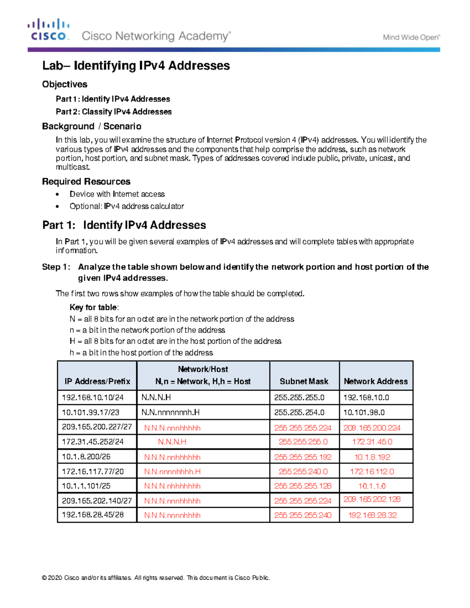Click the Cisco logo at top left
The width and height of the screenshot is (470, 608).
pyautogui.click(x=48, y=30)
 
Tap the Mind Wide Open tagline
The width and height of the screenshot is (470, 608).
pyautogui.click(x=411, y=38)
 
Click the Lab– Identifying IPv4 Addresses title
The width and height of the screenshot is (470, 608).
pyautogui.click(x=136, y=65)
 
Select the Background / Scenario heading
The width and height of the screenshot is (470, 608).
pyautogui.click(x=92, y=126)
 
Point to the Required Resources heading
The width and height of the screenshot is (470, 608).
pyautogui.click(x=86, y=181)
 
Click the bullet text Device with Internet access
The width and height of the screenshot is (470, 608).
pyautogui.click(x=117, y=194)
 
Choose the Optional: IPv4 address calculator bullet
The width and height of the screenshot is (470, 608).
pyautogui.click(x=127, y=206)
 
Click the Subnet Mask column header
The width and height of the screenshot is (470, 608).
pyautogui.click(x=304, y=381)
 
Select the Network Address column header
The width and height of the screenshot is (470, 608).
pyautogui.click(x=376, y=381)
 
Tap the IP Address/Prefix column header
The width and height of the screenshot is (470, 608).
pyautogui.click(x=97, y=381)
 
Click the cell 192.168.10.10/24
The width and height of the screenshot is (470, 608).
pyautogui.click(x=93, y=397)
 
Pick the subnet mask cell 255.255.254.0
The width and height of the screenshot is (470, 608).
pyautogui.click(x=299, y=412)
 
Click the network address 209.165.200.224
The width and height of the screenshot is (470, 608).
pyautogui.click(x=372, y=428)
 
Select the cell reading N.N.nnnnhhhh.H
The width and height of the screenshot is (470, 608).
pyautogui.click(x=172, y=472)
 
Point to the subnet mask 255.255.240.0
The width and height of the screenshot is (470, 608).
pyautogui.click(x=303, y=472)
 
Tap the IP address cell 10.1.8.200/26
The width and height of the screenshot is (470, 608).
pyautogui.click(x=86, y=456)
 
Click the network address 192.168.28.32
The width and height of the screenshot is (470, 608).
pyautogui.click(x=372, y=515)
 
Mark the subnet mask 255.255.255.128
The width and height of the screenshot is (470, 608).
pyautogui.click(x=303, y=486)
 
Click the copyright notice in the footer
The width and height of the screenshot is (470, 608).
pyautogui.click(x=156, y=577)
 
